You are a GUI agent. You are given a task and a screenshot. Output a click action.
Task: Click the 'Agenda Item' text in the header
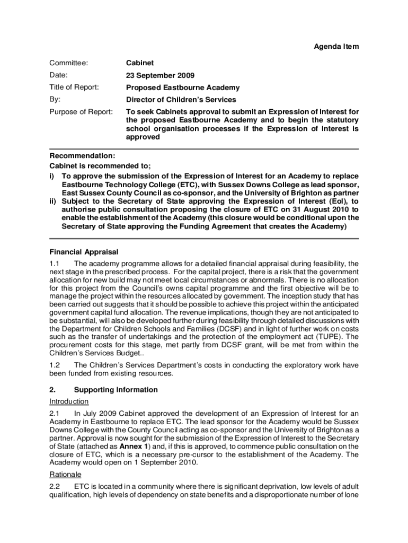pyautogui.click(x=336, y=47)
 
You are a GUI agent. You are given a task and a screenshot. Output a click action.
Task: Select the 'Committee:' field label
pyautogui.click(x=68, y=63)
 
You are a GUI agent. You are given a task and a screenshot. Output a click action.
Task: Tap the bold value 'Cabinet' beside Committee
pyautogui.click(x=139, y=63)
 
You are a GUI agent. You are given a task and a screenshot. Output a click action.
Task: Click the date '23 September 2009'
pyautogui.click(x=159, y=75)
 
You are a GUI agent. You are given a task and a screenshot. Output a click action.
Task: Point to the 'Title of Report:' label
pyautogui.click(x=74, y=87)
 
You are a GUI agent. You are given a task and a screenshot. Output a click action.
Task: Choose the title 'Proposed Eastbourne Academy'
pyautogui.click(x=182, y=87)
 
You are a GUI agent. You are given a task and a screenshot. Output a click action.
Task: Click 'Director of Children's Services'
pyautogui.click(x=181, y=99)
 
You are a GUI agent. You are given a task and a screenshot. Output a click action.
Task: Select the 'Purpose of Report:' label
pyautogui.click(x=81, y=112)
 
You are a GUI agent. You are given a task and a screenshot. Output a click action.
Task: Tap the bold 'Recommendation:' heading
pyautogui.click(x=82, y=156)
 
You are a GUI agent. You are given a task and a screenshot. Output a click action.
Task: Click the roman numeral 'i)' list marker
pyautogui.click(x=52, y=176)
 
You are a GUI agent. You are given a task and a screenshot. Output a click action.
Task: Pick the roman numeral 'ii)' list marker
pyautogui.click(x=54, y=201)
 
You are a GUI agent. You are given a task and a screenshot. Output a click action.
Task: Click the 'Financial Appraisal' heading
pyautogui.click(x=84, y=251)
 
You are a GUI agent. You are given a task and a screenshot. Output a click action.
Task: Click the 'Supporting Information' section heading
pyautogui.click(x=116, y=390)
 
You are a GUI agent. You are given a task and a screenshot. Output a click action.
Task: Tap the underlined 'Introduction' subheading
pyautogui.click(x=69, y=401)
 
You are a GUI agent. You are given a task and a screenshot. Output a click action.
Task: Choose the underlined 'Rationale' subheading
pyautogui.click(x=65, y=474)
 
